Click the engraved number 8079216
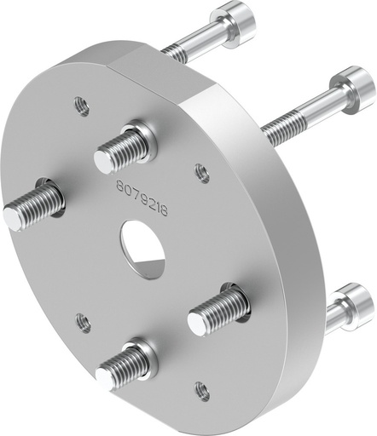pyautogui.click(x=140, y=182)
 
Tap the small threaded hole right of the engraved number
pyautogui.click(x=202, y=173)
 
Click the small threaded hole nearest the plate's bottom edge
pyautogui.click(x=201, y=392)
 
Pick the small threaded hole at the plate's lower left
pyautogui.click(x=83, y=323)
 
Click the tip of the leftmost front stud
pyautogui.click(x=13, y=218)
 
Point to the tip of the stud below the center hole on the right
pyautogui.click(x=199, y=321)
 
